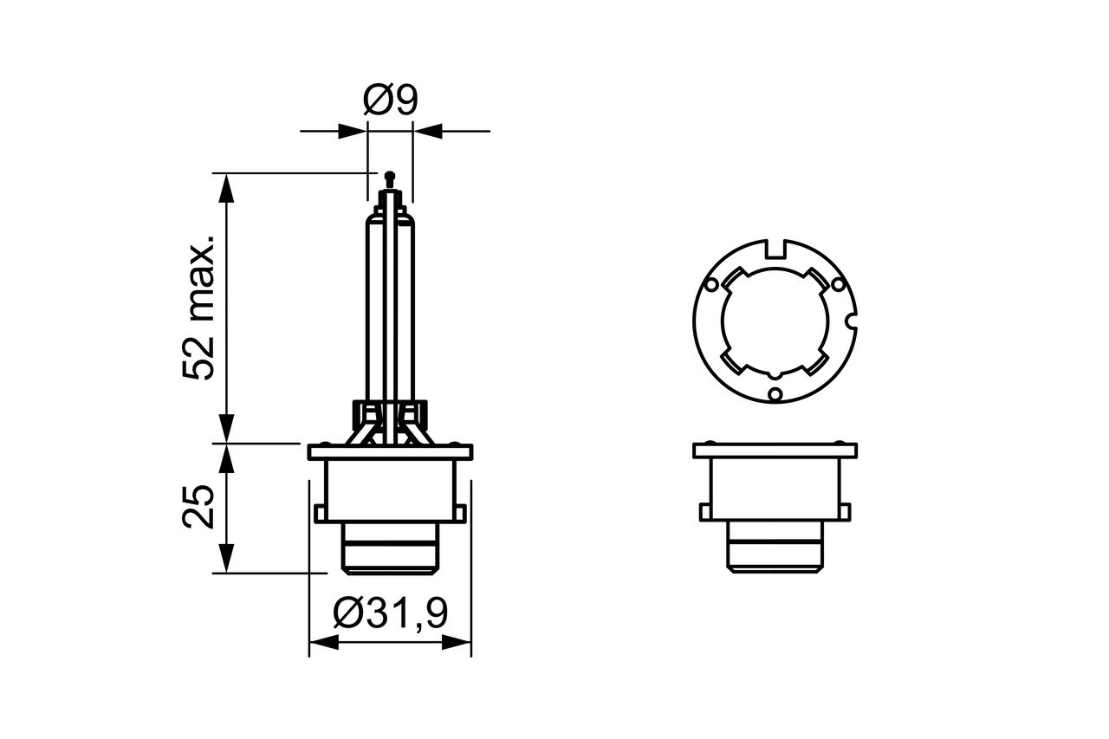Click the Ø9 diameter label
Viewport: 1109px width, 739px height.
tap(390, 101)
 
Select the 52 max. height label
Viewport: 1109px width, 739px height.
tap(198, 306)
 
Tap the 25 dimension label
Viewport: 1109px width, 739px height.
tap(198, 507)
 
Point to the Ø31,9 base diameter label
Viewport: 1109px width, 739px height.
tap(391, 614)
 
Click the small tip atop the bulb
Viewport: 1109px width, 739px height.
tap(389, 178)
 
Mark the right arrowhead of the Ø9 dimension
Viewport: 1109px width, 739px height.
tap(427, 132)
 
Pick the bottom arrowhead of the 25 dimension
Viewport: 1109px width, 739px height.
tap(226, 558)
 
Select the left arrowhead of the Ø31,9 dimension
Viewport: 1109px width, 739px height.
tap(323, 643)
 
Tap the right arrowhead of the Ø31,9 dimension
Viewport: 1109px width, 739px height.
tap(457, 643)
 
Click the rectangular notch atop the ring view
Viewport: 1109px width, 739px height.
tap(776, 250)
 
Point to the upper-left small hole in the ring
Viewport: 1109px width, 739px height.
tap(711, 284)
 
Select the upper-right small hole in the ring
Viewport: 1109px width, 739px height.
tap(838, 284)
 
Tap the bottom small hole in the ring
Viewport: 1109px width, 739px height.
tap(775, 395)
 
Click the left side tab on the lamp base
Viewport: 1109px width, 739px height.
tap(320, 513)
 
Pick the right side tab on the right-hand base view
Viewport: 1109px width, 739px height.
tap(846, 512)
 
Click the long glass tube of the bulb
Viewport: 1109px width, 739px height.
tap(390, 303)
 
